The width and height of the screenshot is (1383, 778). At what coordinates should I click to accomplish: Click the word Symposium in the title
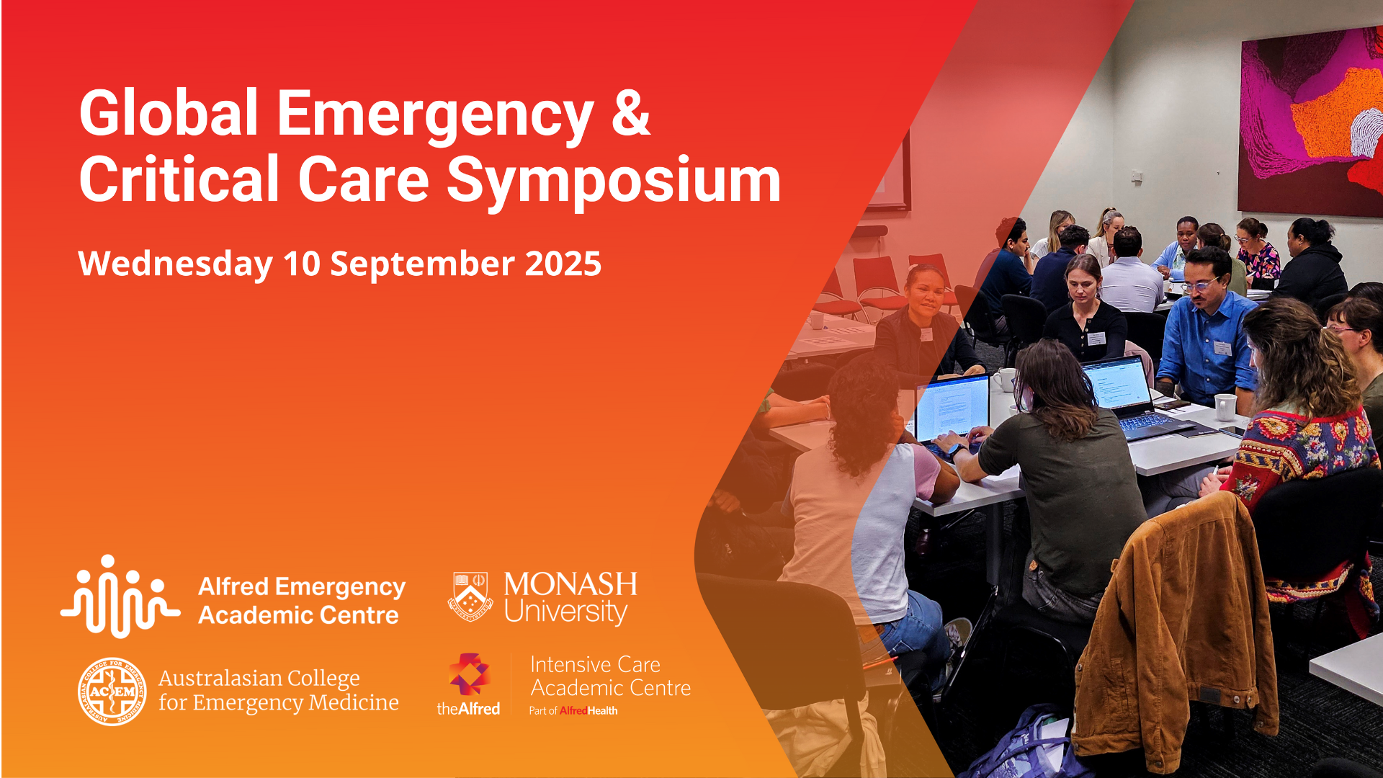click(614, 180)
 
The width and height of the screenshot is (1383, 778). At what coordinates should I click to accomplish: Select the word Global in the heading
click(169, 113)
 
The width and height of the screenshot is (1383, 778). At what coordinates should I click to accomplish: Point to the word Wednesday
click(175, 264)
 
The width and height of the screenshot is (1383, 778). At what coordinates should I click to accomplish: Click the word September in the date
click(421, 264)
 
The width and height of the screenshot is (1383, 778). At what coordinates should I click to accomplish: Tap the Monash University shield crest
click(470, 596)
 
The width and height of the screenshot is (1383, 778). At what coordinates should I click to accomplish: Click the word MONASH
click(570, 583)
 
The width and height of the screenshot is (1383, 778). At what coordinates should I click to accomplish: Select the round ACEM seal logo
click(112, 691)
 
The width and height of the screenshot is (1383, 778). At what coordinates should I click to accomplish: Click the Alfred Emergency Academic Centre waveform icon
click(120, 596)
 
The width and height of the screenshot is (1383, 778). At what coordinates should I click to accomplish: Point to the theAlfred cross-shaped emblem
click(469, 675)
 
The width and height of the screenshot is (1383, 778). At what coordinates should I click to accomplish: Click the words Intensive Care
click(595, 664)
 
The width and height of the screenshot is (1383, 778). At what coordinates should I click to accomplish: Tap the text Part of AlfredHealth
click(573, 710)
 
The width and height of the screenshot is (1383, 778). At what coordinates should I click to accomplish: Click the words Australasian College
click(259, 678)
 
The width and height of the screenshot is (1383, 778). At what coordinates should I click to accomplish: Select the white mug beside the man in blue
click(1225, 406)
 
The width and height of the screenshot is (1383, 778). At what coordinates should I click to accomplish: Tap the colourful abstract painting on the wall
click(1311, 119)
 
